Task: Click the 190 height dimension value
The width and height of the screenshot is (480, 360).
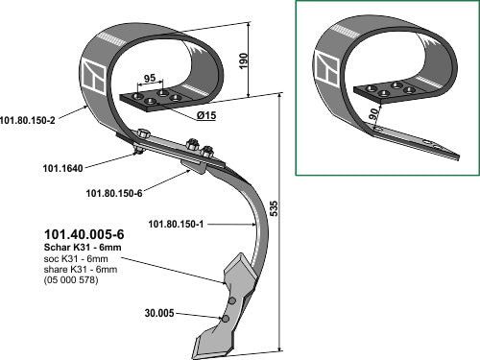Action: pos(244,60)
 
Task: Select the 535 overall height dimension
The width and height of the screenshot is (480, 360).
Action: pos(274,208)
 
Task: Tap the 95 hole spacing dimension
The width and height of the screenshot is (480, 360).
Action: pos(150,78)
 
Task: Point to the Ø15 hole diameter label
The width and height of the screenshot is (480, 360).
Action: pos(206,115)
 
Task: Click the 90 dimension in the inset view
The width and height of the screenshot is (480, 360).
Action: pos(373,114)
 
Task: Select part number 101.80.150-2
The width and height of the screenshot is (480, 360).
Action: pos(28,120)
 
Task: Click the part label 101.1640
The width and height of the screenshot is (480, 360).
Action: pos(63,168)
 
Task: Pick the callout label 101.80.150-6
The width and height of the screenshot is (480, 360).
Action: pos(114,193)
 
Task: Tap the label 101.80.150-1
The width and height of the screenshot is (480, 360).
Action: pos(176,224)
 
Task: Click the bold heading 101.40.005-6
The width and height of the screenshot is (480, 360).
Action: pos(84,234)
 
